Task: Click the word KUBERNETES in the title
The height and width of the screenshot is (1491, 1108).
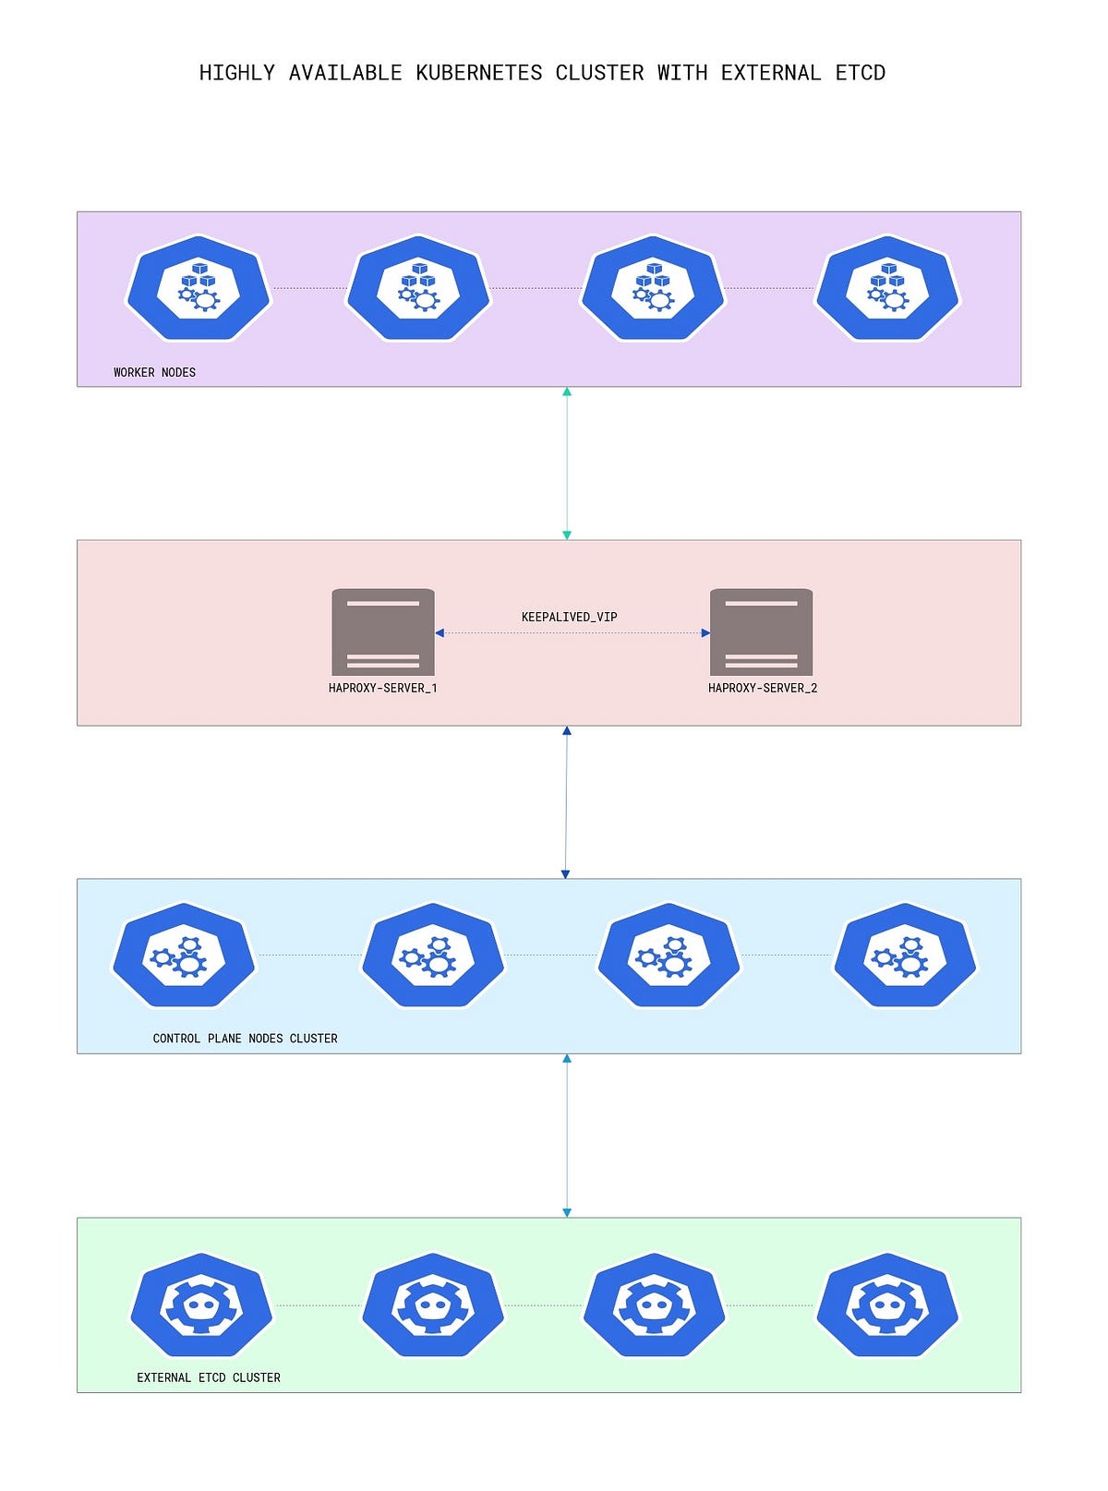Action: pyautogui.click(x=478, y=73)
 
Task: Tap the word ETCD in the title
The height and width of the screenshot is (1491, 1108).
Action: pyautogui.click(x=860, y=73)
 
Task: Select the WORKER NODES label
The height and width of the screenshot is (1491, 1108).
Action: pyautogui.click(x=154, y=372)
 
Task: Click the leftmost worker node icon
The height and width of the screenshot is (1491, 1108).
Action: pyautogui.click(x=199, y=288)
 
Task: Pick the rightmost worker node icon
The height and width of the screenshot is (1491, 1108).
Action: pyautogui.click(x=887, y=288)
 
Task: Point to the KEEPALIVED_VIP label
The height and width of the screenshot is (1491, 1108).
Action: pyautogui.click(x=569, y=617)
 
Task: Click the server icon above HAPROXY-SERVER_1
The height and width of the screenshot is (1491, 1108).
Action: pyautogui.click(x=383, y=631)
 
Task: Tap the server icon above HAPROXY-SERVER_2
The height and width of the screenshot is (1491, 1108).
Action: pyautogui.click(x=761, y=631)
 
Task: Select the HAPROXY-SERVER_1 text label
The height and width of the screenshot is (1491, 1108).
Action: pyautogui.click(x=382, y=688)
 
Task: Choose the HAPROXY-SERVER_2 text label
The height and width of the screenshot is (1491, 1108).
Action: pyautogui.click(x=763, y=688)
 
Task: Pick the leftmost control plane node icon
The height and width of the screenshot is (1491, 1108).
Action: pyautogui.click(x=184, y=955)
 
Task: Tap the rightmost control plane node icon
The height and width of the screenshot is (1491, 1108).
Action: pyautogui.click(x=905, y=955)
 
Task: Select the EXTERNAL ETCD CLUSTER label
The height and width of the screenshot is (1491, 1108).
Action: pyautogui.click(x=209, y=1377)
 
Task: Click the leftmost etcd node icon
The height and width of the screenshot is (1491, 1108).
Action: pyautogui.click(x=201, y=1305)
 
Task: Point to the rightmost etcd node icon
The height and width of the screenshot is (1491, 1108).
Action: pyautogui.click(x=887, y=1305)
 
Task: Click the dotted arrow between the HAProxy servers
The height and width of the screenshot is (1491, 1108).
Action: pyautogui.click(x=572, y=632)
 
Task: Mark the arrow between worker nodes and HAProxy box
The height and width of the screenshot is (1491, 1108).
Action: pyautogui.click(x=567, y=463)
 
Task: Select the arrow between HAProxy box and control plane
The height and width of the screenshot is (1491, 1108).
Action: pyautogui.click(x=566, y=802)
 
